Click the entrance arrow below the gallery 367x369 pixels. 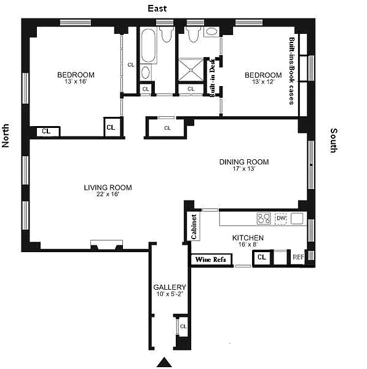(x=164, y=362)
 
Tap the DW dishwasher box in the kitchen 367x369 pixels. (x=281, y=218)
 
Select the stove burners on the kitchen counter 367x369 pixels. (x=264, y=218)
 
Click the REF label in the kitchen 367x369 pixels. (x=298, y=257)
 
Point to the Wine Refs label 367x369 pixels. (x=211, y=260)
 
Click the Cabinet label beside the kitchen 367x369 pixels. (x=194, y=226)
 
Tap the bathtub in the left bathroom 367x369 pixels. (x=148, y=46)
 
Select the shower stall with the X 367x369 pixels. (x=191, y=69)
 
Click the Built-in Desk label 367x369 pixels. (x=212, y=77)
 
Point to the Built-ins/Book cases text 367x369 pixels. (x=292, y=71)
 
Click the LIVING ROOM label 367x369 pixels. (x=108, y=188)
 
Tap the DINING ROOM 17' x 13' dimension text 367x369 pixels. (x=243, y=169)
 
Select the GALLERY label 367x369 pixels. (x=170, y=287)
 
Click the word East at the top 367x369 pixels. (x=157, y=9)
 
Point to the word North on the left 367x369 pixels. (x=6, y=135)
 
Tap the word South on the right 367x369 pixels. (x=334, y=140)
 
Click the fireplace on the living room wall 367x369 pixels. (x=106, y=245)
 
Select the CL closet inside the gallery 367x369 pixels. (x=183, y=327)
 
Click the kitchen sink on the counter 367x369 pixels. (x=297, y=218)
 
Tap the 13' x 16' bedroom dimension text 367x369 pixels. (x=76, y=81)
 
